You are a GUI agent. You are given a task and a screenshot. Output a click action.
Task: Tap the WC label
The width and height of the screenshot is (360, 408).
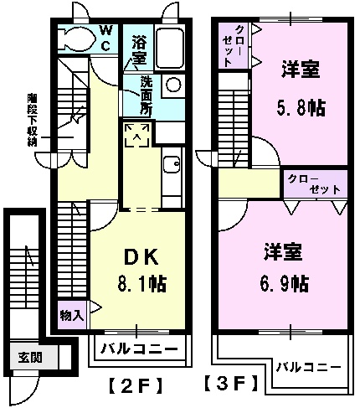pyautogui.click(x=107, y=37)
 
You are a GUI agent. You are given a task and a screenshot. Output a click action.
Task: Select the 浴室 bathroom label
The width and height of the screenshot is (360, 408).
pyautogui.click(x=138, y=50)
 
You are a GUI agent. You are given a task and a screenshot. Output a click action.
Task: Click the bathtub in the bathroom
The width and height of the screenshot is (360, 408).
pyautogui.click(x=169, y=49)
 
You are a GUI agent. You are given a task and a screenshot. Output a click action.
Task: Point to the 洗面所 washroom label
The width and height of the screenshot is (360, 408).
pyautogui.click(x=147, y=95)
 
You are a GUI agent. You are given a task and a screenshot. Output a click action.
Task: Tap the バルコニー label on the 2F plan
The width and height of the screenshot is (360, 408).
pyautogui.click(x=139, y=349)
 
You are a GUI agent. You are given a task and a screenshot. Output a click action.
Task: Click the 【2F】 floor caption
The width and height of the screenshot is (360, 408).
pyautogui.click(x=135, y=386)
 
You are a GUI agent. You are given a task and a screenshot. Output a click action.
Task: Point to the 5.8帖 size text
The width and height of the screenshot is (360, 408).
pyautogui.click(x=302, y=107)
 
